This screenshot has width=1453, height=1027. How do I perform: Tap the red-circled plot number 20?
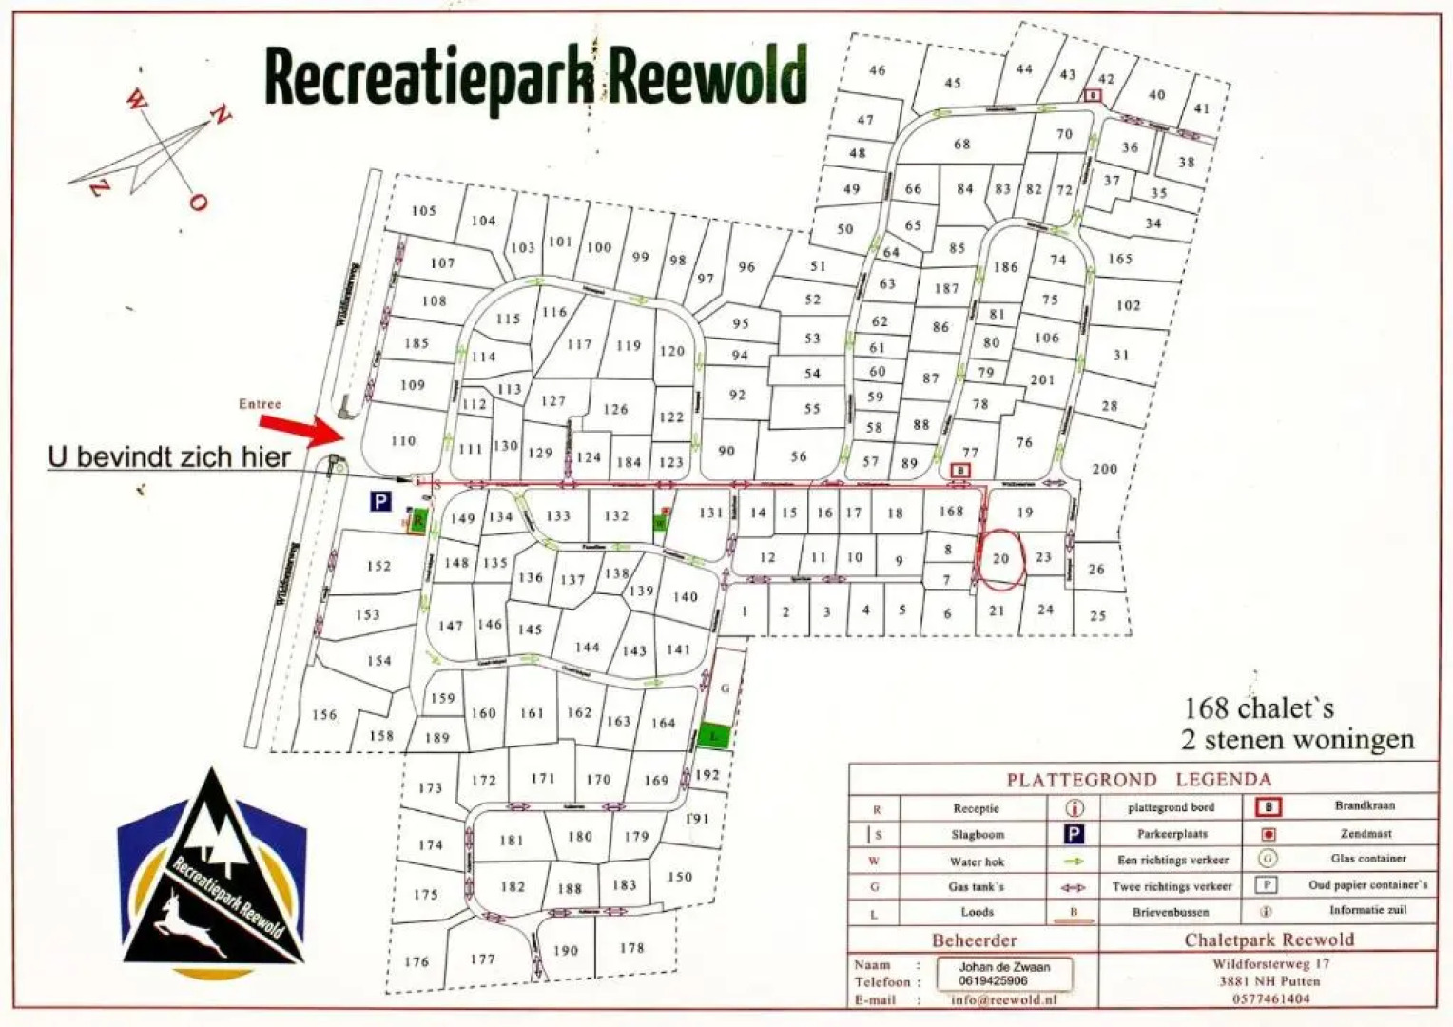[1000, 559]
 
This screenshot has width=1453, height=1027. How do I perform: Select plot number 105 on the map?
[424, 210]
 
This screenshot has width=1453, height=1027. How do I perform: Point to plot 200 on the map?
[1105, 469]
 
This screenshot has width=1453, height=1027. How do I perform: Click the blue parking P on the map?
[380, 501]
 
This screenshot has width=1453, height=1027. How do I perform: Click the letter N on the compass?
[220, 116]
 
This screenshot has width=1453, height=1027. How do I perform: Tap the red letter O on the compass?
[197, 201]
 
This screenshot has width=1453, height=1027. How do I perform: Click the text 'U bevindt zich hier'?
[169, 457]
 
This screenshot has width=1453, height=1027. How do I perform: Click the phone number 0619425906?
[993, 980]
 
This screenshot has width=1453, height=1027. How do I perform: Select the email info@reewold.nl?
[1003, 999]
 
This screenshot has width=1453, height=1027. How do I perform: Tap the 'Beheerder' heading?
[974, 940]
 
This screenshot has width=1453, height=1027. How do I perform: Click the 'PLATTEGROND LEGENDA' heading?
[1138, 780]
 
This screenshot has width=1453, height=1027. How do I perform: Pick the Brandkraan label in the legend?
[1365, 805]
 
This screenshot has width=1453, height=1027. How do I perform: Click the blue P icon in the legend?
[1074, 834]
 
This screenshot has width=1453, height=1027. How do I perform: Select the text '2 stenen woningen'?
[1297, 740]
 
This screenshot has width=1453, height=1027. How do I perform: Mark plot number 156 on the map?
[324, 714]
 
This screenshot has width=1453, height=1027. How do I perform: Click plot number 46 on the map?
[877, 70]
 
